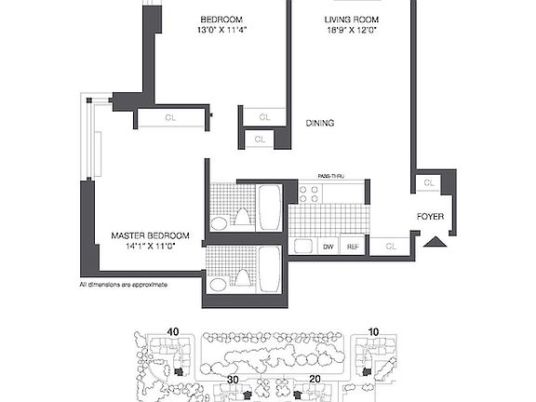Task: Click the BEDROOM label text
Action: coord(221,19)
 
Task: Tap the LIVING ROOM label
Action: coord(351,19)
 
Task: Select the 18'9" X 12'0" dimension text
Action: coord(351,31)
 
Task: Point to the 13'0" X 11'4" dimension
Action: coord(221,31)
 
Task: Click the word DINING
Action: coord(320,123)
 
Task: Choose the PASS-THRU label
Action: coord(331,176)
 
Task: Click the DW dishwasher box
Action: coord(328,247)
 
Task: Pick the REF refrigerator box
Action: coord(353,247)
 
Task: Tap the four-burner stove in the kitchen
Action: coord(310,194)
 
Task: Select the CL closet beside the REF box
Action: coord(390,247)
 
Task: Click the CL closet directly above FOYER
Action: coord(428,183)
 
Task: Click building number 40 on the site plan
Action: coord(172,329)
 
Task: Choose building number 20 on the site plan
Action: coord(315,380)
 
